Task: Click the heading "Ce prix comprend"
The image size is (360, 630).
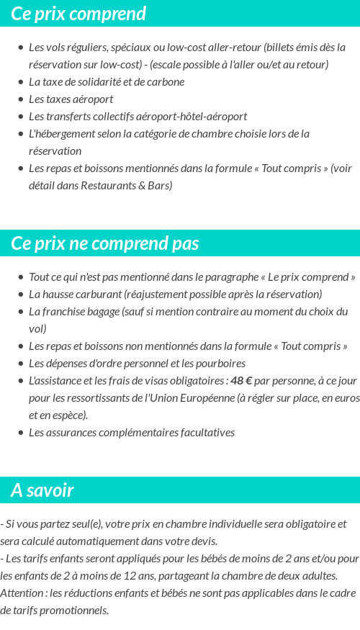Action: click(78, 14)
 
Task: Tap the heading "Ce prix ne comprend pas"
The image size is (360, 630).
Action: click(105, 243)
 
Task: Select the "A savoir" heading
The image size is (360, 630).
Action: click(42, 490)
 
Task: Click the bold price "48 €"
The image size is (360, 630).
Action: click(240, 381)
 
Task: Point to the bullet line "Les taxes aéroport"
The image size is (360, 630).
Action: click(71, 99)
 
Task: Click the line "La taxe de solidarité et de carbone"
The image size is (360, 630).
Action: click(107, 81)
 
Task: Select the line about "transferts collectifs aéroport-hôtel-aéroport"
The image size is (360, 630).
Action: click(138, 116)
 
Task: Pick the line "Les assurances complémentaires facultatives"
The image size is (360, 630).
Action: click(132, 433)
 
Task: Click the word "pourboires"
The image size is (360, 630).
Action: click(220, 364)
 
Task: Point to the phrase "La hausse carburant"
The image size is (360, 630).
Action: click(74, 294)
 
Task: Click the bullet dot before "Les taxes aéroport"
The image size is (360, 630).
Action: click(20, 99)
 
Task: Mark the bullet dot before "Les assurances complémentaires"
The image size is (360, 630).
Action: click(20, 433)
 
